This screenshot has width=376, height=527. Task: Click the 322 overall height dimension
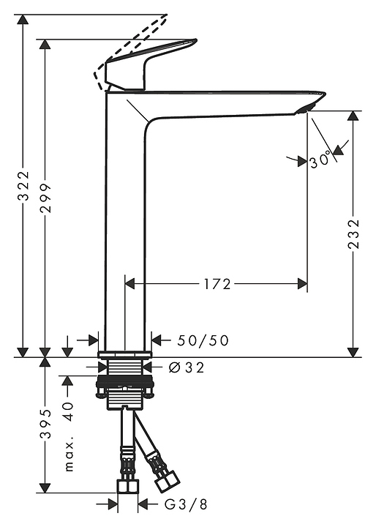pos(23,186)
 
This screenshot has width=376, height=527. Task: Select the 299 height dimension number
pos(45,198)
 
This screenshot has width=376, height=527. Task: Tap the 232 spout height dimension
pos(353,234)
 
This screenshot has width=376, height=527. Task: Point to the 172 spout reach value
pos(217,284)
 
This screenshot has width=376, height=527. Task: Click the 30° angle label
pos(320,160)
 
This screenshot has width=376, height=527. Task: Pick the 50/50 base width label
pos(203,340)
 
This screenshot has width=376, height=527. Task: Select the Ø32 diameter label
pos(186,367)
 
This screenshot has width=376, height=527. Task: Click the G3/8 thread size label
pos(186,504)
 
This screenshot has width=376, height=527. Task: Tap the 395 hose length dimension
pos(45,424)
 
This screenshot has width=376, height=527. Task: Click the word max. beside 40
pos(69,457)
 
